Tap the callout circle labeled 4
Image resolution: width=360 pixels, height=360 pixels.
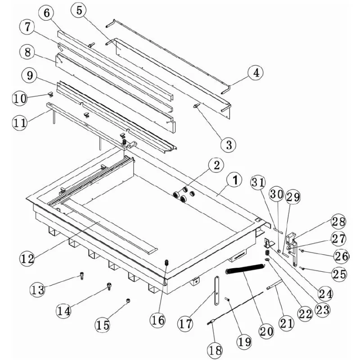pyautogui.click(x=256, y=72)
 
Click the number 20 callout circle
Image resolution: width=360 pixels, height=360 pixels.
pyautogui.click(x=265, y=331)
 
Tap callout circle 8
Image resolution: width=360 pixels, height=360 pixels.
pyautogui.click(x=28, y=52)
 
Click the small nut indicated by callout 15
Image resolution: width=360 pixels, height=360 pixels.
pyautogui.click(x=128, y=300)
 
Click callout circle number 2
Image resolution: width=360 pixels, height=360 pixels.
pyautogui.click(x=216, y=165)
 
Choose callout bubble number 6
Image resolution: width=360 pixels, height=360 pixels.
pyautogui.click(x=46, y=13)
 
